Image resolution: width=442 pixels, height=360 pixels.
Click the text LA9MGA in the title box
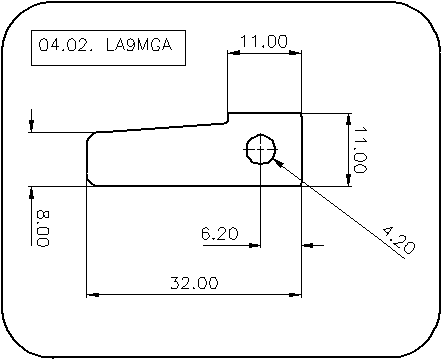pos(139,45)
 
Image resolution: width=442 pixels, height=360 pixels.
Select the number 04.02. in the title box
pos(66,45)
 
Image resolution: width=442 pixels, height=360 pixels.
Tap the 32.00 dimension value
pos(194,283)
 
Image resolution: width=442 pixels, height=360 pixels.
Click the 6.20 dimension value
pos(220,233)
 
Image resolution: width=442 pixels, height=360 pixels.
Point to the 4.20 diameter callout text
pos(398,240)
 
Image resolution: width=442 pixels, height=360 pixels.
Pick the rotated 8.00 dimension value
pos(43,228)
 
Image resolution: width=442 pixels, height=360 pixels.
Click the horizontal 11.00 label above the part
pos(264,41)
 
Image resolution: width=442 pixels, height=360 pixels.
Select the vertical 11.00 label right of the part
pos(360,150)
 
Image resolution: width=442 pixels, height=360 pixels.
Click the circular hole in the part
pos(261,149)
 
